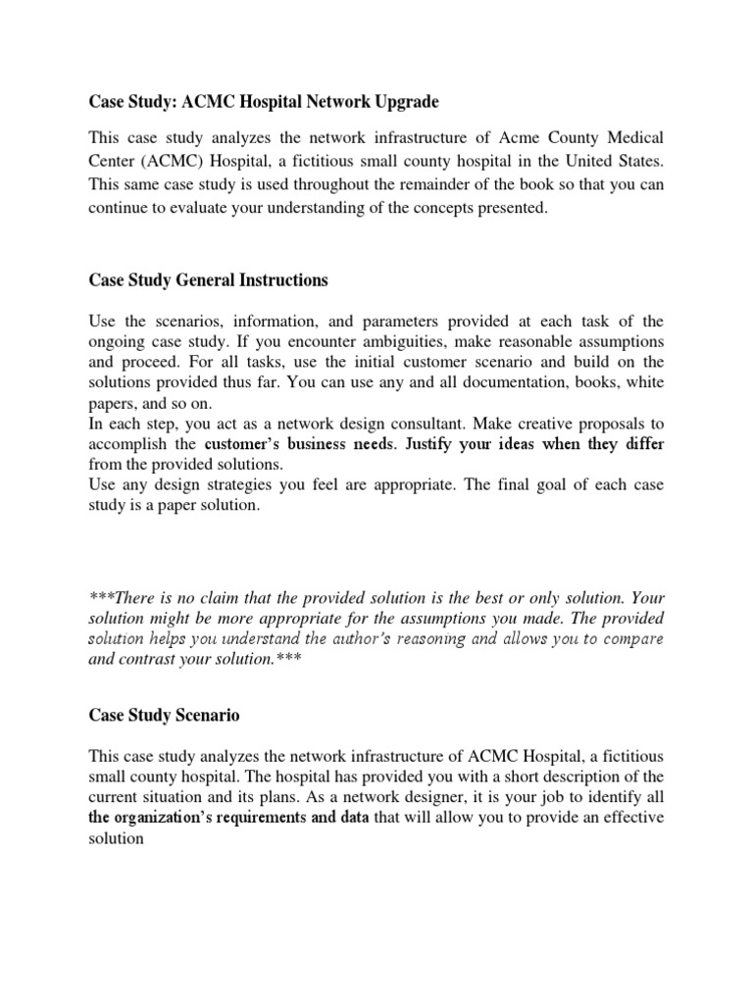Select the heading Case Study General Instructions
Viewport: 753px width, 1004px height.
click(208, 280)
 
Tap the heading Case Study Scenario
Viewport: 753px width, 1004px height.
click(164, 716)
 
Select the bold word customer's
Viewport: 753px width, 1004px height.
click(245, 444)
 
